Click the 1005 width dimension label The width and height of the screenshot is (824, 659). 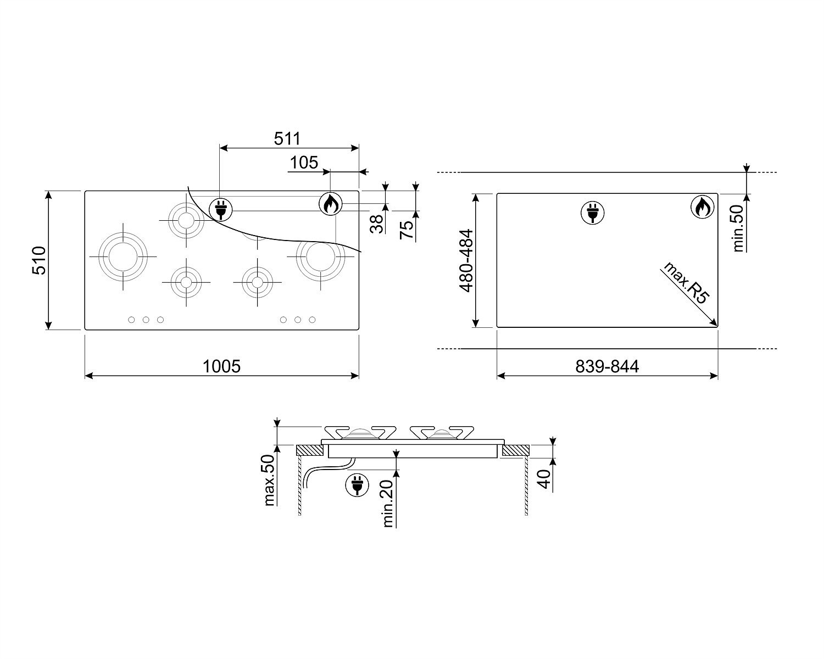pos(221,366)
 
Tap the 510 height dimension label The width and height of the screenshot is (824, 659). pos(39,260)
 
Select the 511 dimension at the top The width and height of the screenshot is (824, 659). pos(287,138)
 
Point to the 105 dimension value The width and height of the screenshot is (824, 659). pos(304,163)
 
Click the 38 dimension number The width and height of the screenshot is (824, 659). pos(377,224)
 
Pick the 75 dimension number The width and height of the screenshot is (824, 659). pos(407,230)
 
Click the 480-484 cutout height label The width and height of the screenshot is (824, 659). pos(466,261)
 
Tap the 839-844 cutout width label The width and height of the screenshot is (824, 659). pos(607,366)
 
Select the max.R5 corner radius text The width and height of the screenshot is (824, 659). pos(686,283)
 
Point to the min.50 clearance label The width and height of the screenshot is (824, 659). pos(737,228)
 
